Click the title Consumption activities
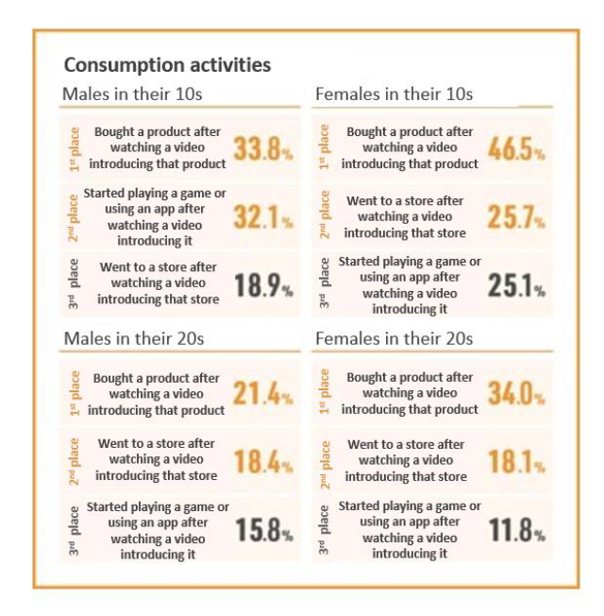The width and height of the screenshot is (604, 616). click(167, 65)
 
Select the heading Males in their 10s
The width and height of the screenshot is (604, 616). click(132, 94)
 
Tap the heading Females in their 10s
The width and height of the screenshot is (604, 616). click(394, 94)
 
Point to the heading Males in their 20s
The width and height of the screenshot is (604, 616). click(133, 338)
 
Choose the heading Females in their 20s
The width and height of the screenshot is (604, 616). click(394, 338)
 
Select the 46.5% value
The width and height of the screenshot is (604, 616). click(516, 148)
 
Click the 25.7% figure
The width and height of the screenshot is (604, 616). click(516, 216)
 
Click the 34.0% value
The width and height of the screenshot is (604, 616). click(516, 394)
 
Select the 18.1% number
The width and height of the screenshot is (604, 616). click(516, 461)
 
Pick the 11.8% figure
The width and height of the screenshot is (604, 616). click(516, 530)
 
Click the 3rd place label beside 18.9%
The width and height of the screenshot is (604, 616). click(74, 283)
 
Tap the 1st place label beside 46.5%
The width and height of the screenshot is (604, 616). click(325, 147)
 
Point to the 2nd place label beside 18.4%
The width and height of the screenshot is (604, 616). click(74, 460)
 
